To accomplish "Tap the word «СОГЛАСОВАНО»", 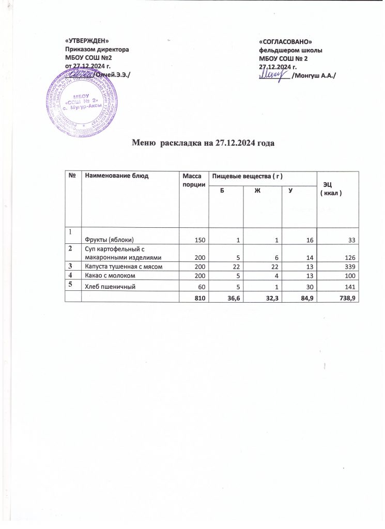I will pos(286,41).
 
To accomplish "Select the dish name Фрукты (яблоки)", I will pos(111,240).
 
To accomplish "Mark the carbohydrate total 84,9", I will pos(305,298).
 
